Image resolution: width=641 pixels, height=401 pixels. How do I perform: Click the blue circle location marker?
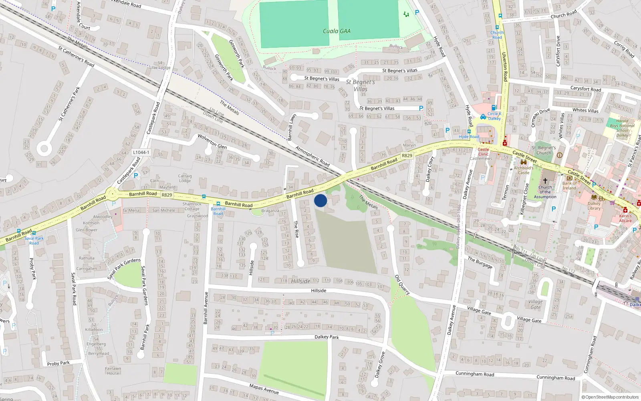pyautogui.click(x=320, y=200)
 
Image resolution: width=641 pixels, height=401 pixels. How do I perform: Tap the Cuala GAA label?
pyautogui.click(x=337, y=31)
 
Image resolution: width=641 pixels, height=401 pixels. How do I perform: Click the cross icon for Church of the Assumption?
pyautogui.click(x=545, y=181)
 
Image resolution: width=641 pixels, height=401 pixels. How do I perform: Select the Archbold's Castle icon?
pyautogui.click(x=523, y=162)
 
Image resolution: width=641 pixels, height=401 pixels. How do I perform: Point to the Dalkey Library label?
pyautogui.click(x=594, y=206)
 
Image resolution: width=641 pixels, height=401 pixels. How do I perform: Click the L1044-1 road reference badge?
pyautogui.click(x=141, y=152)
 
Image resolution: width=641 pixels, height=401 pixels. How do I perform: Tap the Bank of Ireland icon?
pyautogui.click(x=569, y=178)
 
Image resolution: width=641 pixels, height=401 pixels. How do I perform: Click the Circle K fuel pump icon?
pyautogui.click(x=494, y=107)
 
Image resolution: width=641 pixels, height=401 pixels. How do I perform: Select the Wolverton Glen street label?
pyautogui.click(x=212, y=142)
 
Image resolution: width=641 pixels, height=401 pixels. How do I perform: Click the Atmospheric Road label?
pyautogui.click(x=312, y=156)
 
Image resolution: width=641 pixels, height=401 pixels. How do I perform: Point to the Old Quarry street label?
pyautogui.click(x=402, y=285)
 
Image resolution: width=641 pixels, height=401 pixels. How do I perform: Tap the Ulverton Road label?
pyautogui.click(x=504, y=66)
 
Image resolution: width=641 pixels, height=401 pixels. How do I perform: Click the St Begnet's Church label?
pyautogui.click(x=544, y=150)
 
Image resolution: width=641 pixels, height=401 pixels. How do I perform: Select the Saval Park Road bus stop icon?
pyautogui.click(x=34, y=233)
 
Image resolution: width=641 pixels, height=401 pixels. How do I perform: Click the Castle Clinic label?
pyautogui.click(x=483, y=152)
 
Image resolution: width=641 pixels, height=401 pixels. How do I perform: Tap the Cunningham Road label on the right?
pyautogui.click(x=555, y=378)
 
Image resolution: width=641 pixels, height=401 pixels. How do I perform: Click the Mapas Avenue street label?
pyautogui.click(x=264, y=389)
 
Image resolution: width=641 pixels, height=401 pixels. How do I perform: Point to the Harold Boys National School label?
pyautogui.click(x=622, y=128)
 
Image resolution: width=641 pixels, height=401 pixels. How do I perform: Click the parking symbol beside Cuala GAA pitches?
pyautogui.click(x=417, y=12)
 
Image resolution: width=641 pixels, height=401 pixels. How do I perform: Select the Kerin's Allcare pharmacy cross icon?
pyautogui.click(x=625, y=210)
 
